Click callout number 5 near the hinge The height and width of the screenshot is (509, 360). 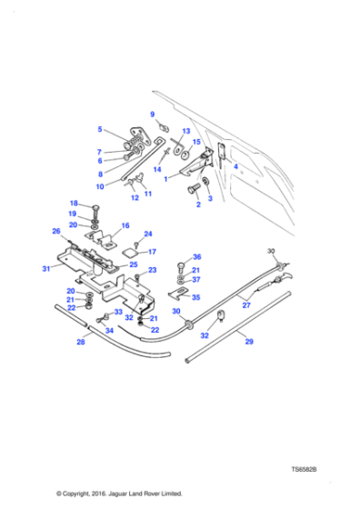100,129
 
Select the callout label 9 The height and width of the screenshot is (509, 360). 153,114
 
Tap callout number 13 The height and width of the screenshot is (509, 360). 186,131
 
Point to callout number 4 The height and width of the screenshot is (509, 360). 236,166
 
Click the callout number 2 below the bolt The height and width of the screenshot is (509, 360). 197,205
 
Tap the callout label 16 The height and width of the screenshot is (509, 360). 125,225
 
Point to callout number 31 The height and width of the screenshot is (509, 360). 46,268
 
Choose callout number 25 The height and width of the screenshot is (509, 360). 133,264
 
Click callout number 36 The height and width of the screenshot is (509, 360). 197,256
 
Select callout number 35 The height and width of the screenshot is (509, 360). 195,296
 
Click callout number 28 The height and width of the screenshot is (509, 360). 80,342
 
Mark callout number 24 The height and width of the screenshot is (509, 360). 148,234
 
